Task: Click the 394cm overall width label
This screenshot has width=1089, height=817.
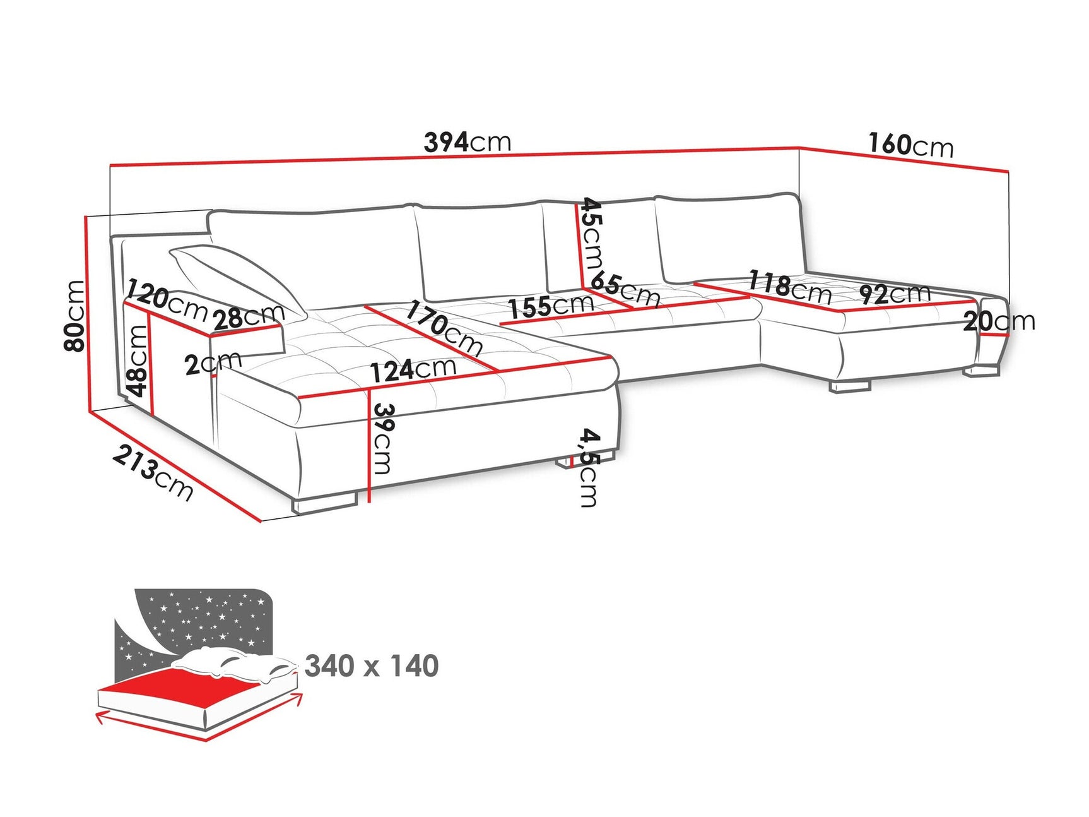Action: [467, 142]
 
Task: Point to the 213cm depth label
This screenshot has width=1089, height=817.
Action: [153, 472]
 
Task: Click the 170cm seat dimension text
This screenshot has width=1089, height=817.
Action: [444, 328]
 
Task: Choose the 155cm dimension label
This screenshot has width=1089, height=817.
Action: [551, 307]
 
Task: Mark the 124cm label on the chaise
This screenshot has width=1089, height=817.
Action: [413, 370]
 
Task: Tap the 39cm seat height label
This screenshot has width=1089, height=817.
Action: [382, 438]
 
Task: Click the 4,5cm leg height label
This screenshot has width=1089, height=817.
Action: [589, 467]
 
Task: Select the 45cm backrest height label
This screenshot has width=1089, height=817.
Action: [592, 234]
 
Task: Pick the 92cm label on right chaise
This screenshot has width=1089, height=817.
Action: [895, 294]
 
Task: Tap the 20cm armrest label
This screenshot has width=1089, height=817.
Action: [999, 321]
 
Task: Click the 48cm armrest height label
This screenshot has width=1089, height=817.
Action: [137, 361]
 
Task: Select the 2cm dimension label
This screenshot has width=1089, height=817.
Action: [213, 363]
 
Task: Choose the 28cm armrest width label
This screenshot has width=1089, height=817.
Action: [249, 317]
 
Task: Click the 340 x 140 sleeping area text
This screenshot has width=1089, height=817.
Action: [371, 666]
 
